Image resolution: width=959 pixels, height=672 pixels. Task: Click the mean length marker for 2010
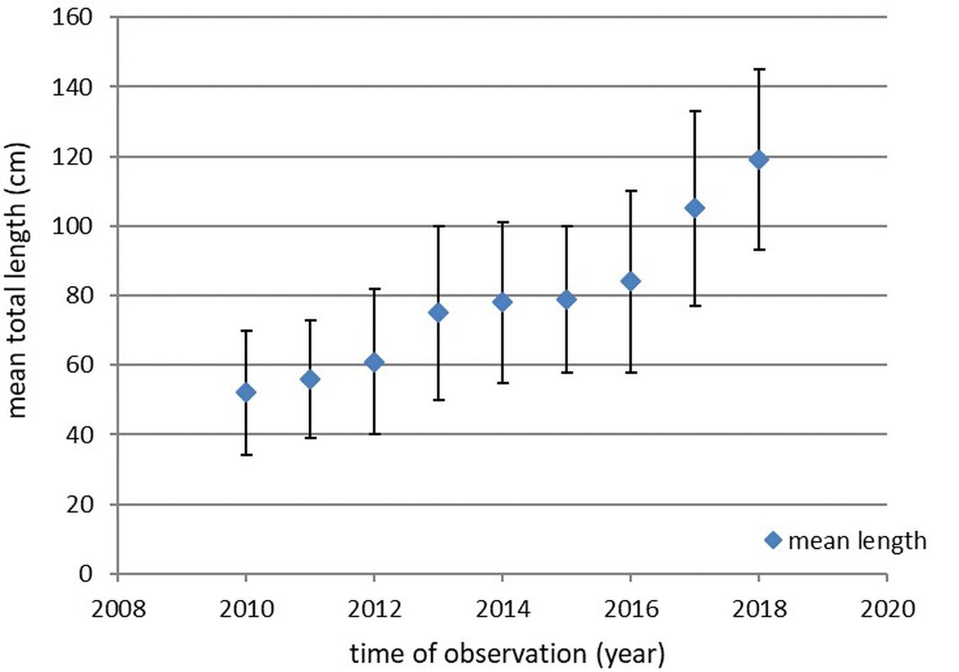(x=246, y=393)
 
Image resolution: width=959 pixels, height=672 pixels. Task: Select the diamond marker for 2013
(x=439, y=312)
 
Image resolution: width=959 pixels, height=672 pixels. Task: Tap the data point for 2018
(x=759, y=159)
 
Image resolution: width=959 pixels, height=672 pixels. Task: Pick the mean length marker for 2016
(x=630, y=281)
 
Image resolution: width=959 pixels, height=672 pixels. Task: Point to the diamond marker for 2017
(x=694, y=208)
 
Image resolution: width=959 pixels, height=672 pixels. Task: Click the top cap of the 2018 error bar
(x=759, y=70)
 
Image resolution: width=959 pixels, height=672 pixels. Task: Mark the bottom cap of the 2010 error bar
(x=246, y=455)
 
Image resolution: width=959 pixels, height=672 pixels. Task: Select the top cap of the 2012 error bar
(x=375, y=288)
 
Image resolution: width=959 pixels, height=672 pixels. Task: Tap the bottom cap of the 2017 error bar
(x=694, y=306)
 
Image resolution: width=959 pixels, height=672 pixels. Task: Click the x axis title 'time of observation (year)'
(x=507, y=653)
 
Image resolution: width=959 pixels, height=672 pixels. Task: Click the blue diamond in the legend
(x=772, y=540)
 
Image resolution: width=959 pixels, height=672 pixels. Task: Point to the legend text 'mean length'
(x=857, y=541)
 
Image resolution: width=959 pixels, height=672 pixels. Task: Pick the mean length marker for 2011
(x=310, y=379)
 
